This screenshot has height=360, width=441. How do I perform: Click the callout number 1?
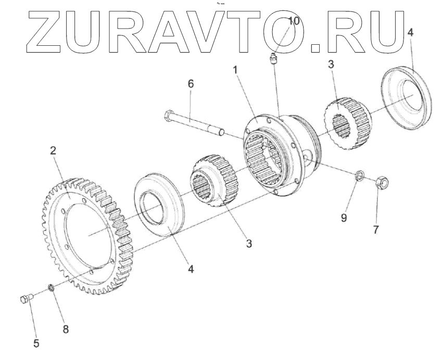coord(236,69)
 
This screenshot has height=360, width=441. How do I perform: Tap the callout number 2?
coord(53,151)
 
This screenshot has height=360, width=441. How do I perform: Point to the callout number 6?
coord(190,84)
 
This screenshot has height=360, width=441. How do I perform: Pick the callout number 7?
coord(375,229)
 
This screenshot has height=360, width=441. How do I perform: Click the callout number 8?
coord(65,328)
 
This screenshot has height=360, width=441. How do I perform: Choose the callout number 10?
coord(294,21)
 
